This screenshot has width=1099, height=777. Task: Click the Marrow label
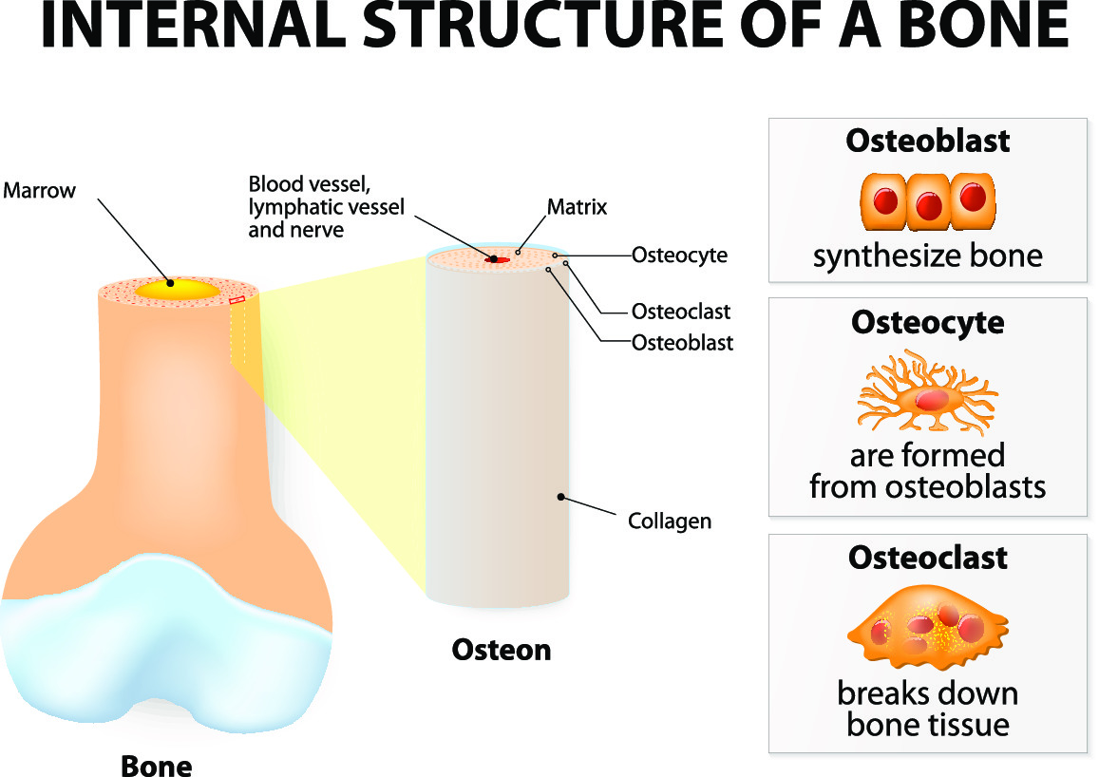pyautogui.click(x=39, y=190)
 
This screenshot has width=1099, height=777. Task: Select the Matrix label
pyautogui.click(x=577, y=206)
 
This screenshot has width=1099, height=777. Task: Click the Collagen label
pyautogui.click(x=670, y=521)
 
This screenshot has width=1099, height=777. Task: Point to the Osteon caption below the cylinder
pyautogui.click(x=501, y=650)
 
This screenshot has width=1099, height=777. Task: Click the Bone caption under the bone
pyautogui.click(x=157, y=765)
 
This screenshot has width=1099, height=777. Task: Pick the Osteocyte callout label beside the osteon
pyautogui.click(x=679, y=255)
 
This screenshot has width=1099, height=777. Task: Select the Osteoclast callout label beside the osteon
pyautogui.click(x=681, y=312)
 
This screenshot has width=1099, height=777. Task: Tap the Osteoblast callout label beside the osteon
pyautogui.click(x=682, y=343)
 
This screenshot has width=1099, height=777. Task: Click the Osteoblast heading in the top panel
pyautogui.click(x=927, y=142)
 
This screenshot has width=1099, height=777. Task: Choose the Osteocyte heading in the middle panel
pyautogui.click(x=927, y=323)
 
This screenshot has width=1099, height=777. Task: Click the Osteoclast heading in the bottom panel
pyautogui.click(x=927, y=558)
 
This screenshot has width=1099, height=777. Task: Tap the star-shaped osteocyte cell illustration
pyautogui.click(x=926, y=393)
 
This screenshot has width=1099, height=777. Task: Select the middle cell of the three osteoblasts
pyautogui.click(x=928, y=202)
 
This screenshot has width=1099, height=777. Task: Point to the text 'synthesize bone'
pyautogui.click(x=927, y=256)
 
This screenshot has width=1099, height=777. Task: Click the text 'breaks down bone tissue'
pyautogui.click(x=927, y=710)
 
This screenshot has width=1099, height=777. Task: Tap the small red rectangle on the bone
pyautogui.click(x=237, y=300)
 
